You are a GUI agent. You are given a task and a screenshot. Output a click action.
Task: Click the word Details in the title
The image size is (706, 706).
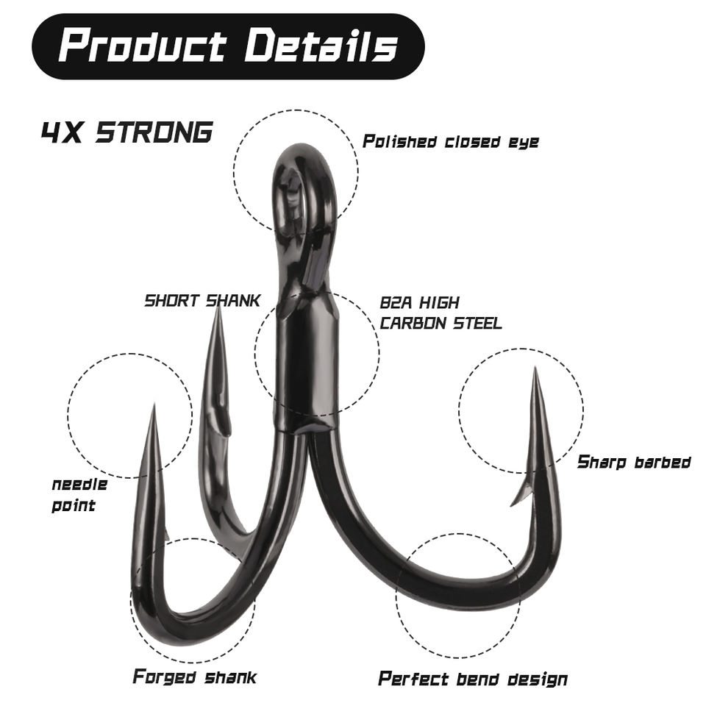click(321, 46)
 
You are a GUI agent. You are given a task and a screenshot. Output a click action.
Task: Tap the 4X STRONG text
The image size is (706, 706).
click(126, 132)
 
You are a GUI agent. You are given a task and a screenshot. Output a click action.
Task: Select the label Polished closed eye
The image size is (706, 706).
click(450, 142)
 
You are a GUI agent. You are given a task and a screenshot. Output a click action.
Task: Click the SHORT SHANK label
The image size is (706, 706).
click(202, 300)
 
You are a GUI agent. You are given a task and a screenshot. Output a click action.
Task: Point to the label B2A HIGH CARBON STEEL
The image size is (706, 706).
click(441, 313)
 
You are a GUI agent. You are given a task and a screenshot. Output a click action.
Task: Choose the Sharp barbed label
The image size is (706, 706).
click(634, 462)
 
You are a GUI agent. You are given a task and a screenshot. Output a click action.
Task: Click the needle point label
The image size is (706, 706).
click(79, 495)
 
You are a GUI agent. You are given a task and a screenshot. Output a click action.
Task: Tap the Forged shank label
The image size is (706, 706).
click(194, 676)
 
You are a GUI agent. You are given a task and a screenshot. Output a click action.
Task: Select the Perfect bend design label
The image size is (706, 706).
click(472, 678)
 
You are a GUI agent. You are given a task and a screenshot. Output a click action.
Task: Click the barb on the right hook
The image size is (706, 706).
click(521, 494)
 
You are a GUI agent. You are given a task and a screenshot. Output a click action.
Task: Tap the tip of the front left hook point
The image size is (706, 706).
click(154, 407)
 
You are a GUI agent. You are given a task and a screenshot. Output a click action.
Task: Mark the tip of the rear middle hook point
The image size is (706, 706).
click(218, 307)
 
